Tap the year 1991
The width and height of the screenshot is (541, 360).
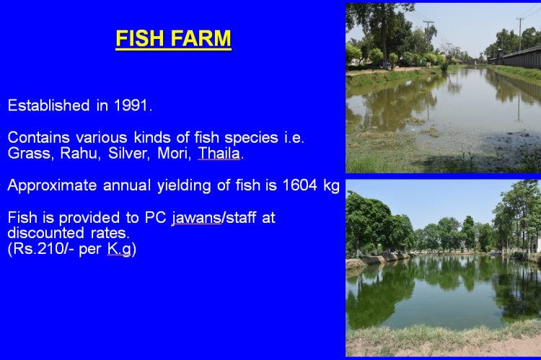(x=132, y=105)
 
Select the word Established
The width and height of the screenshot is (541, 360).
(x=48, y=105)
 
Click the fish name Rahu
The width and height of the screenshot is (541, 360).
(x=80, y=153)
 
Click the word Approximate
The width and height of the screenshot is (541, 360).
(x=52, y=185)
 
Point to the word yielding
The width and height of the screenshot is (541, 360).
(x=184, y=185)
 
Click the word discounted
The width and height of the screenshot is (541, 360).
(x=45, y=232)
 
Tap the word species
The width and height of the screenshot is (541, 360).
(x=251, y=138)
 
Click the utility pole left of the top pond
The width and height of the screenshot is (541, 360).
(x=428, y=36)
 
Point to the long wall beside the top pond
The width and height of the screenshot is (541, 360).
(x=515, y=57)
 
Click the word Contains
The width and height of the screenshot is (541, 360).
(x=39, y=137)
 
